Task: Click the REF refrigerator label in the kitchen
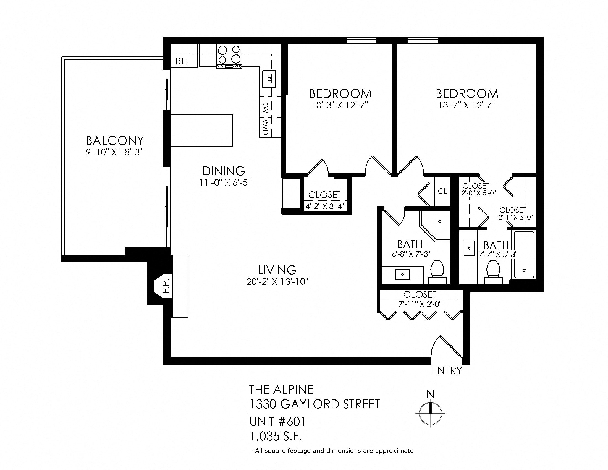[183, 61]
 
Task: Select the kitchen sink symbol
[269, 79]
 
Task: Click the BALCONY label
[115, 141]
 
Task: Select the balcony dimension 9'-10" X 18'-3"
[114, 153]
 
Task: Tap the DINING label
[224, 171]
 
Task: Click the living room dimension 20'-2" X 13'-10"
[277, 282]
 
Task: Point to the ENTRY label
[447, 370]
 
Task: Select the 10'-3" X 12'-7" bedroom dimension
[340, 106]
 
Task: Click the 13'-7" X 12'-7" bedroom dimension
[467, 106]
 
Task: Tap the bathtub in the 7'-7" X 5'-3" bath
[524, 254]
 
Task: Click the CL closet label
[442, 191]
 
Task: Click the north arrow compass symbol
[430, 413]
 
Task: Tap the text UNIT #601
[277, 422]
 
